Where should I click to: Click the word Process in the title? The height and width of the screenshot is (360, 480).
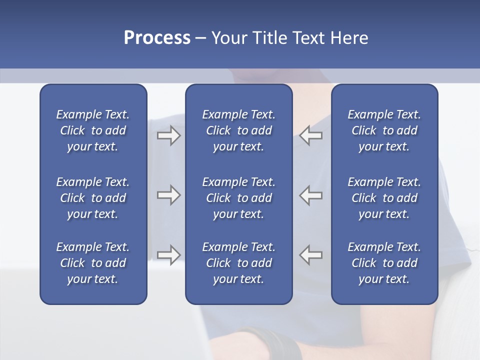[x=157, y=38]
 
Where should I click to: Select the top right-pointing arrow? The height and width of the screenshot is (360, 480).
[x=168, y=135]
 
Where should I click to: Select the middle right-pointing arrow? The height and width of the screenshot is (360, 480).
[x=168, y=195]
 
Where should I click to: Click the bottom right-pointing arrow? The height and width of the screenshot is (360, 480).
[x=168, y=254]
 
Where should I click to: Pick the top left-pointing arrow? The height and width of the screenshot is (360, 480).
[x=310, y=135]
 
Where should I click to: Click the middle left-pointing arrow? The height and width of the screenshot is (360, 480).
[x=310, y=195]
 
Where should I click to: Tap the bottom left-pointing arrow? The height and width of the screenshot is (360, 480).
[x=310, y=254]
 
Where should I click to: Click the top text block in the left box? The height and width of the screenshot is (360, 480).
[x=93, y=130]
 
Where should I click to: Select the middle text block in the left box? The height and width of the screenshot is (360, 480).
[x=93, y=198]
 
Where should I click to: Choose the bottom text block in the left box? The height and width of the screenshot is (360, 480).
[x=93, y=263]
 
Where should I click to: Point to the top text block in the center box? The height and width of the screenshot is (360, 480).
[x=238, y=130]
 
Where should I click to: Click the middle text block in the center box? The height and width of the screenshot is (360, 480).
[x=238, y=198]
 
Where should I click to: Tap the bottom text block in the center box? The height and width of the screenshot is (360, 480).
[x=238, y=263]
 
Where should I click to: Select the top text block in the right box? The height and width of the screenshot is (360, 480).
[x=384, y=130]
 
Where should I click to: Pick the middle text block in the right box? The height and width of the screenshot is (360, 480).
[x=384, y=198]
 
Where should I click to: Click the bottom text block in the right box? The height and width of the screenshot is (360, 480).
[x=384, y=263]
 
